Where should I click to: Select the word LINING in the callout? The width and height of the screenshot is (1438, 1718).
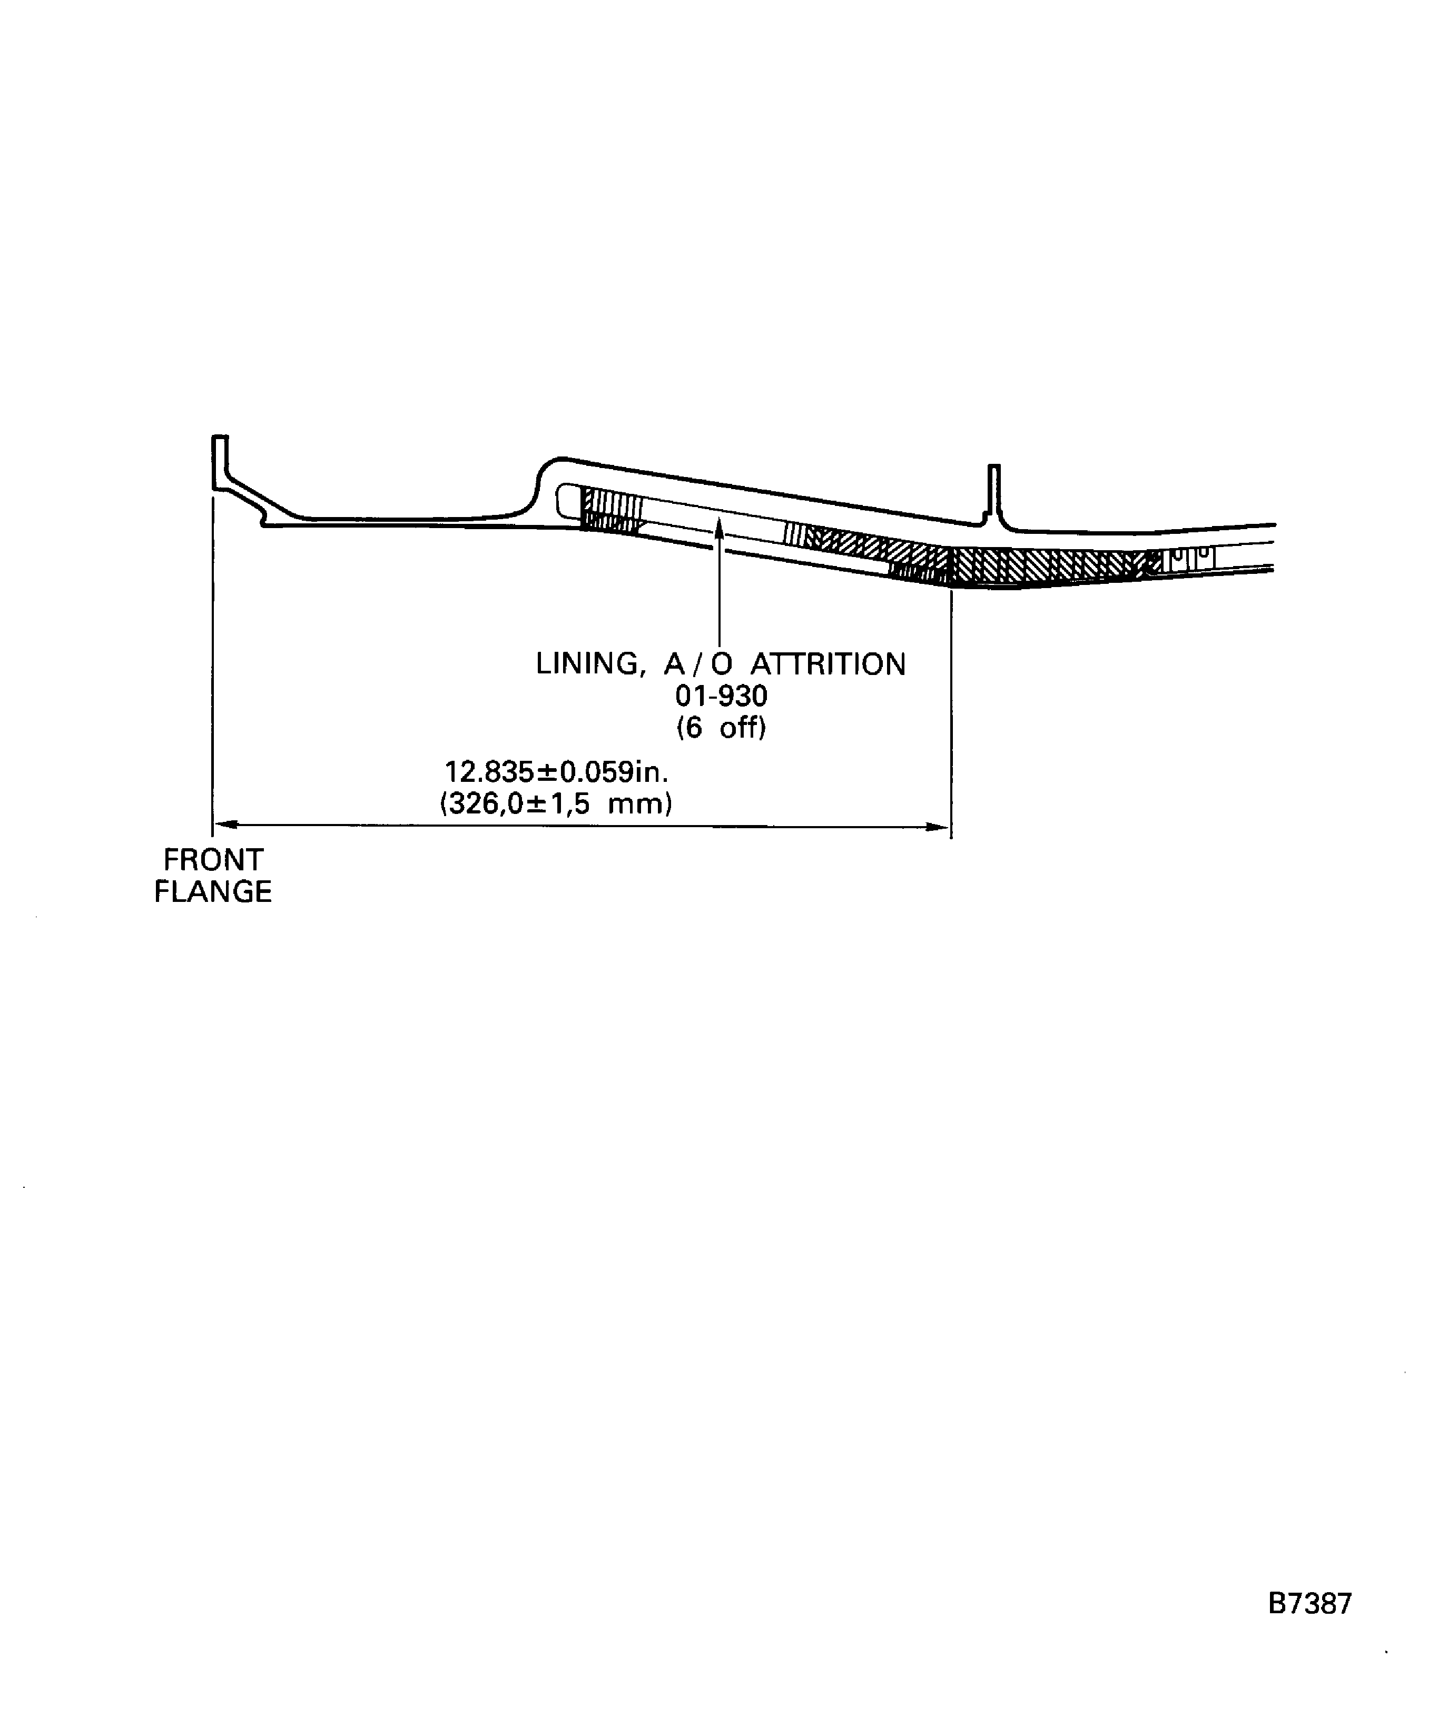pyautogui.click(x=586, y=664)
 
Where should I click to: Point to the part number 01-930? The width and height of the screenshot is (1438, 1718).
pyautogui.click(x=721, y=696)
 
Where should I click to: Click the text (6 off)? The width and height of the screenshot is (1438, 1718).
pyautogui.click(x=721, y=727)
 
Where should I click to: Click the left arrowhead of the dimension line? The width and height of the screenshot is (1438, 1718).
pyautogui.click(x=224, y=825)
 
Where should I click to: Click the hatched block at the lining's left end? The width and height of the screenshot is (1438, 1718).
pyautogui.click(x=610, y=511)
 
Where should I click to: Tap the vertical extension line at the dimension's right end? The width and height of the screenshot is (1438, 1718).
pyautogui.click(x=950, y=712)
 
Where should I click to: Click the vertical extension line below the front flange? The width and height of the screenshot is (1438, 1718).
pyautogui.click(x=213, y=654)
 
